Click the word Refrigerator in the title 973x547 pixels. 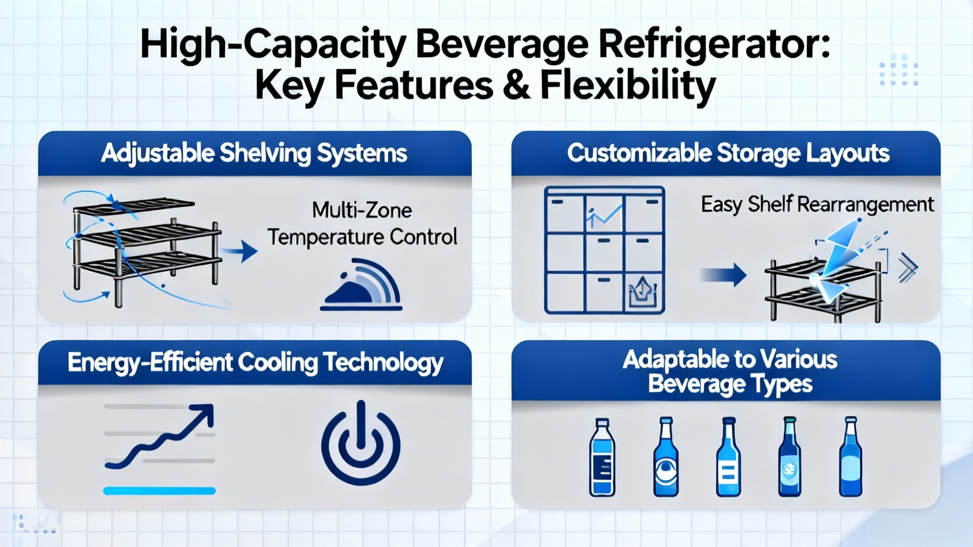pos(715,45)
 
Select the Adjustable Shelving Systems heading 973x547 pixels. pos(254,153)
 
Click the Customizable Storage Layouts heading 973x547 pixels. pos(728,153)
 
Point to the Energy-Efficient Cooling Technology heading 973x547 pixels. pos(255,363)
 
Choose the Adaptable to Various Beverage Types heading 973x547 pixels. pos(730,371)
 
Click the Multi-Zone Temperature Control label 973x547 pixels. pos(362,224)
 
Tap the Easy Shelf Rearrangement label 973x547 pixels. pos(817,204)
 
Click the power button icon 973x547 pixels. pos(361,442)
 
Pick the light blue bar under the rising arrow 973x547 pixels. pos(159,490)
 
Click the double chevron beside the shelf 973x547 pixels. pos(908,268)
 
